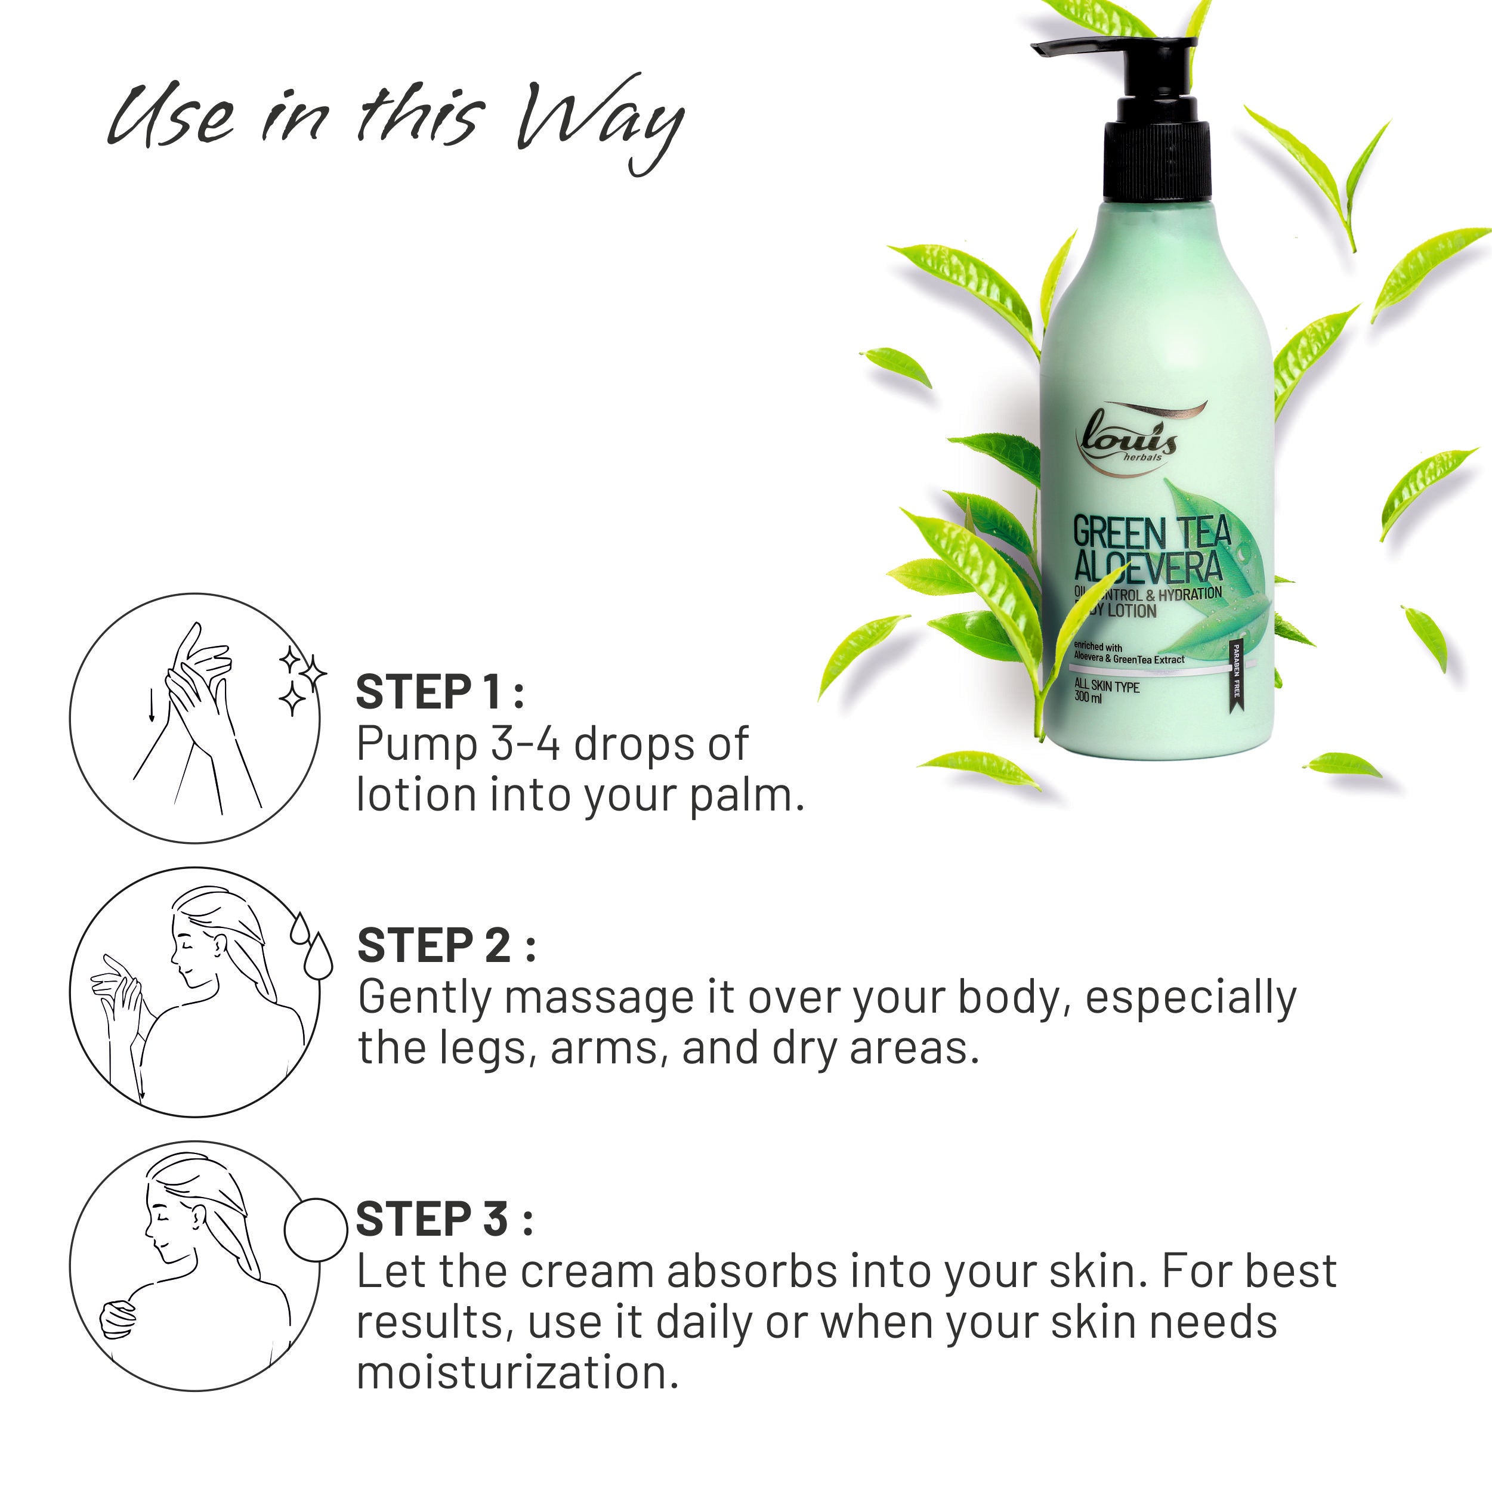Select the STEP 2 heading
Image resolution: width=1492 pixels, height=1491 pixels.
[446, 946]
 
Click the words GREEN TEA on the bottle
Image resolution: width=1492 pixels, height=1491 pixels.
[1151, 533]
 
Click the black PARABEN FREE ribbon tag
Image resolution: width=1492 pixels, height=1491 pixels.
[1235, 671]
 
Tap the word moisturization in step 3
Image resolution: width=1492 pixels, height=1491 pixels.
[517, 1372]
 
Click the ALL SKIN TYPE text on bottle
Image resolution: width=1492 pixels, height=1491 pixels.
[1106, 686]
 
